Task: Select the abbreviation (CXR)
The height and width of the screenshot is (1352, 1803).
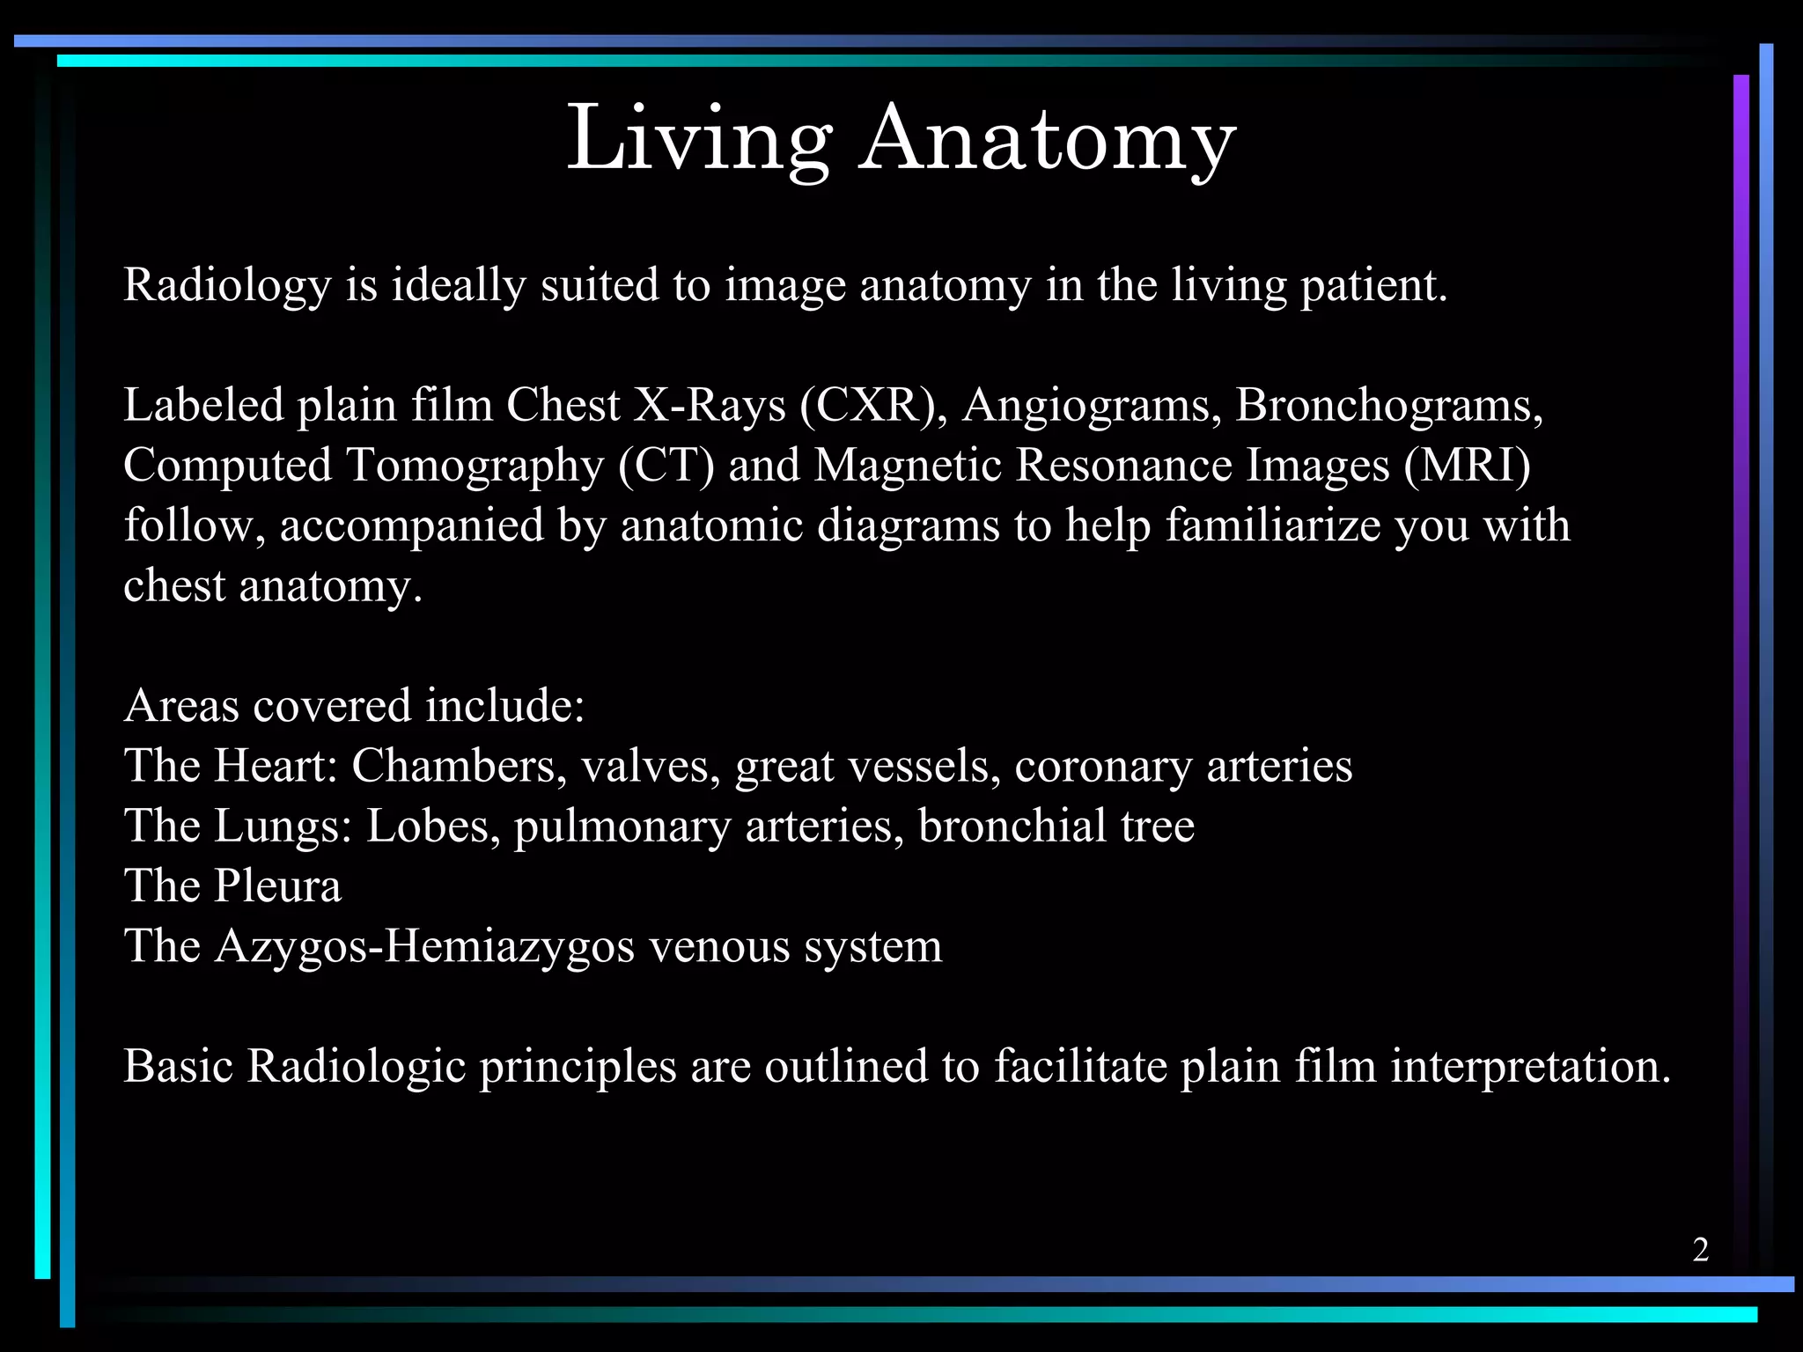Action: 868,406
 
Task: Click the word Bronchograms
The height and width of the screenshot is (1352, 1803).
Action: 1388,408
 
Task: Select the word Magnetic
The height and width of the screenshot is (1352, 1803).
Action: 908,466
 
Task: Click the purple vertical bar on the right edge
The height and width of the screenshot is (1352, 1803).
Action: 1740,616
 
